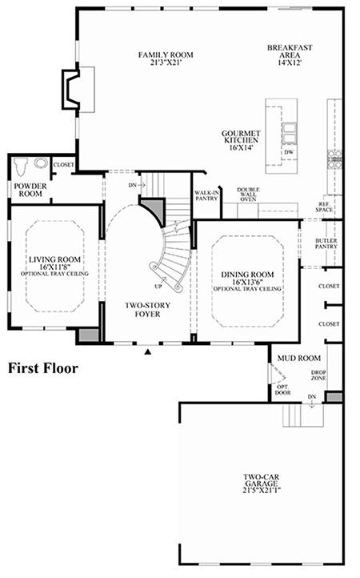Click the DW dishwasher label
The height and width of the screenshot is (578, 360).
(x=289, y=152)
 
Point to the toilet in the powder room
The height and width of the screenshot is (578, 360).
(x=21, y=167)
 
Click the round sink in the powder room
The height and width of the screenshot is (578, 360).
(x=41, y=163)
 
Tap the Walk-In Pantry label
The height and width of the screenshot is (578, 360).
(x=206, y=196)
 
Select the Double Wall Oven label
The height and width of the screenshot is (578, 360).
(x=248, y=195)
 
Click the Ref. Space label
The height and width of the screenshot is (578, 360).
(x=324, y=207)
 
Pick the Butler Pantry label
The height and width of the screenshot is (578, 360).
(x=326, y=243)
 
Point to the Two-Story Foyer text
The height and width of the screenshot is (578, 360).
(x=147, y=310)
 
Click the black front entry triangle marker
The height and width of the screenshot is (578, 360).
(x=148, y=351)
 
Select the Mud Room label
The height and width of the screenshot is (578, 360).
(x=299, y=358)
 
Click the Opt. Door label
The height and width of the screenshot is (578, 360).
(x=282, y=390)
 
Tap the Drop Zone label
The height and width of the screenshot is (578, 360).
(x=318, y=375)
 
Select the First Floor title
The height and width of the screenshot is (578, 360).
(x=43, y=368)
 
